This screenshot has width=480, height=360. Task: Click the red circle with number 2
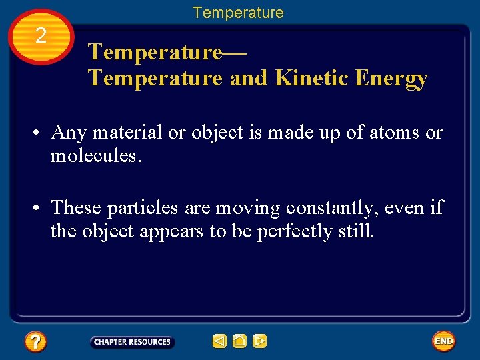(x=41, y=37)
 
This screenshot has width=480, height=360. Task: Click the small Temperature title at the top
(x=238, y=13)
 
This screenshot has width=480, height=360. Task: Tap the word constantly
(x=333, y=208)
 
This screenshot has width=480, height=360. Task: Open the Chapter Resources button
(x=132, y=342)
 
